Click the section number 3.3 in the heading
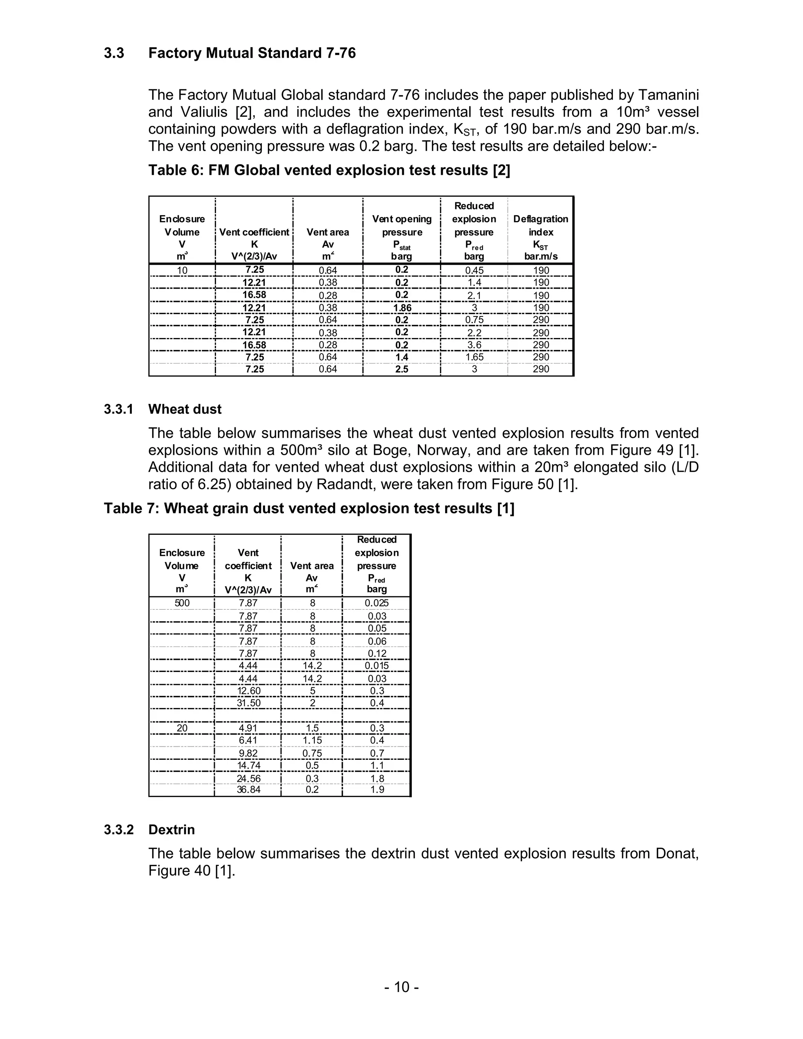point(114,53)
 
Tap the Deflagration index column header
point(540,232)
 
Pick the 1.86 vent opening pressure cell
point(402,307)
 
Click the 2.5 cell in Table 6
point(402,369)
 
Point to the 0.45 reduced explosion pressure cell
point(474,270)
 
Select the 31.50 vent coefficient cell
point(248,703)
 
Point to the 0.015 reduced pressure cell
point(377,666)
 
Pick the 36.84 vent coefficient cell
point(248,790)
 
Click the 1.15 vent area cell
point(312,740)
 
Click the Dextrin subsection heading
point(171,830)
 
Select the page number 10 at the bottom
point(401,987)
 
